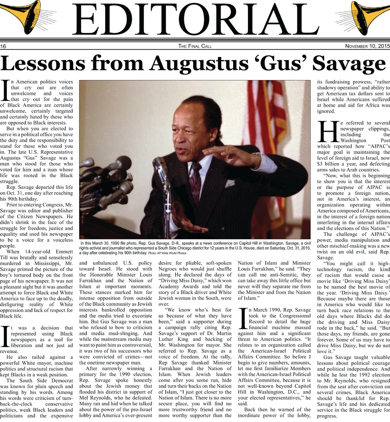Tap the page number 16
3,46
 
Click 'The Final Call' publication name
195,46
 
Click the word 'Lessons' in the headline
42,63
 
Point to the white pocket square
230,183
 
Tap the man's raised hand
229,155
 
